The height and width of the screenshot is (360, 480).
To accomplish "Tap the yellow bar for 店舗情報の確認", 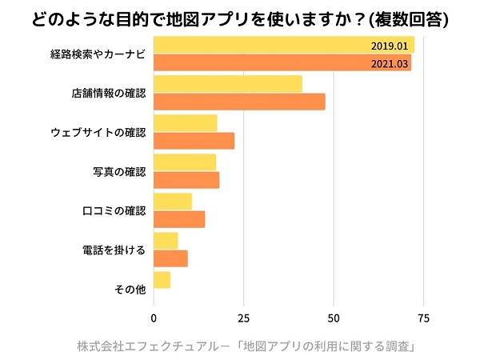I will pyautogui.click(x=228, y=84).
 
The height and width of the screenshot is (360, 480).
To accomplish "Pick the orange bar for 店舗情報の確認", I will pyautogui.click(x=239, y=102).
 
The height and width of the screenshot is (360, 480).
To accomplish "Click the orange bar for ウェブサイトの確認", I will pyautogui.click(x=194, y=141).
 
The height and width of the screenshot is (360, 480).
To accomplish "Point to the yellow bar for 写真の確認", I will pyautogui.click(x=185, y=162).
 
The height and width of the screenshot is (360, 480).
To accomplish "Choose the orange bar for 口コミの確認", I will pyautogui.click(x=179, y=218).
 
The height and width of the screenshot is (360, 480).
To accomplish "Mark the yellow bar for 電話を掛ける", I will pyautogui.click(x=166, y=241).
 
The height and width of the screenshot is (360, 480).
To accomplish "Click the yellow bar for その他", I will pyautogui.click(x=162, y=280).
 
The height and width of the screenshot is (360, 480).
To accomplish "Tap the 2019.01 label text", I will pyautogui.click(x=390, y=46).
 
